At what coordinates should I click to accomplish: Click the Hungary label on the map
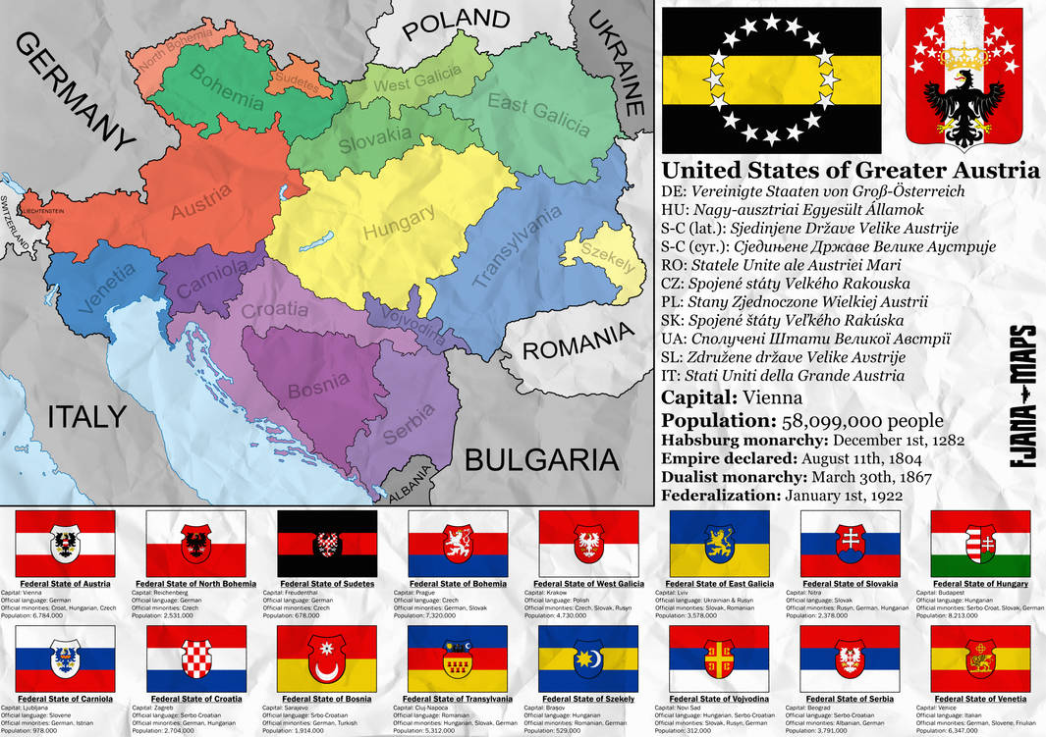398,225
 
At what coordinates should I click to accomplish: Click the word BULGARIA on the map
541,459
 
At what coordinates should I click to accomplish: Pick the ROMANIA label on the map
577,344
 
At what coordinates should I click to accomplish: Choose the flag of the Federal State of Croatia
196,658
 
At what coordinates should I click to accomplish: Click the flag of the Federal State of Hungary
980,544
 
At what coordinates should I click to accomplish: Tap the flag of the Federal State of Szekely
588,658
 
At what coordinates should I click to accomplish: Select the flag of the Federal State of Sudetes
327,544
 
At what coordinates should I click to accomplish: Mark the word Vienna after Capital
774,398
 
